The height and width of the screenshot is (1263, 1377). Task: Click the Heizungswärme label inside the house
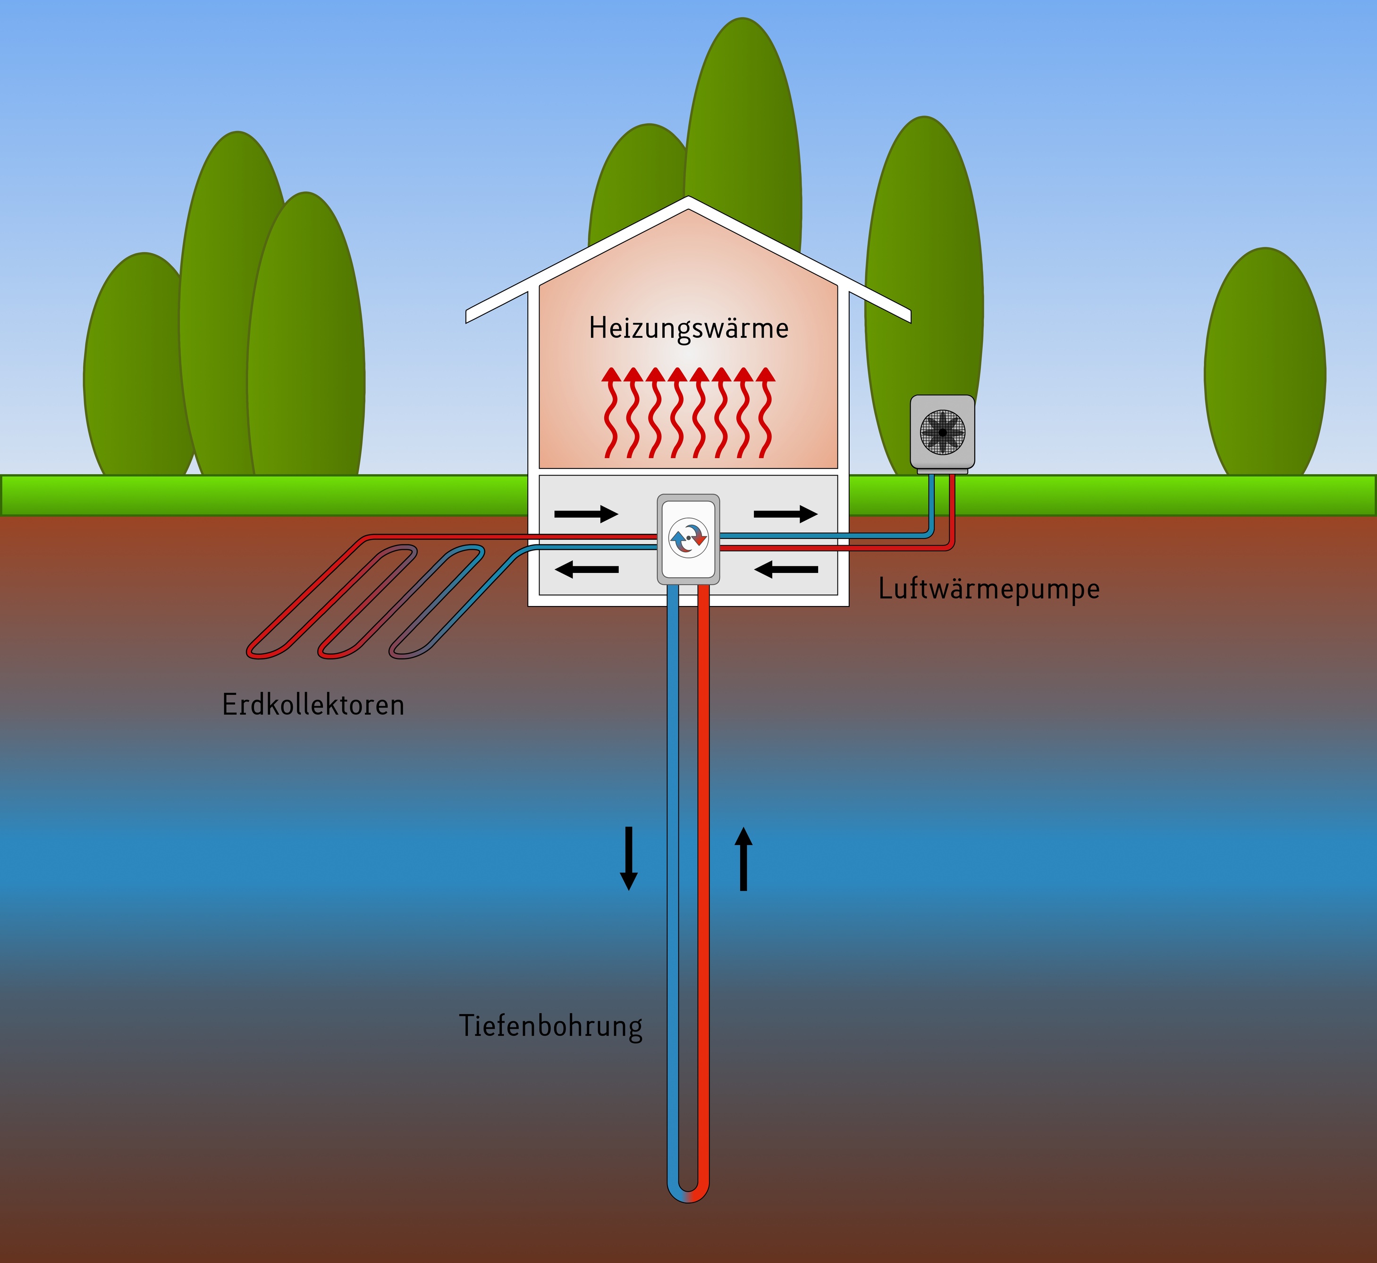pyautogui.click(x=688, y=329)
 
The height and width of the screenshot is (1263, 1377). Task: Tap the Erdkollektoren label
pyautogui.click(x=313, y=705)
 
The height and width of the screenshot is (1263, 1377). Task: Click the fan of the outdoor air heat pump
pyautogui.click(x=943, y=432)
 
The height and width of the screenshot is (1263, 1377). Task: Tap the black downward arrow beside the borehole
pyautogui.click(x=628, y=858)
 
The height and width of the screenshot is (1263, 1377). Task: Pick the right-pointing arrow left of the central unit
pyautogui.click(x=586, y=513)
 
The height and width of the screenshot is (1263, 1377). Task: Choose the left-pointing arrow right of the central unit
pyautogui.click(x=786, y=569)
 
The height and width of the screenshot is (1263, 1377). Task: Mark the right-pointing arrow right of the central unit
pyautogui.click(x=786, y=513)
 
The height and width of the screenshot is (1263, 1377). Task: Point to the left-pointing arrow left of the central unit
pyautogui.click(x=586, y=569)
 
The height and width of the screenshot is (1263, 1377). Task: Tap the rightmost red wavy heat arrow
pyautogui.click(x=766, y=413)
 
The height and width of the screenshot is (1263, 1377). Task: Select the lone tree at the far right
pyautogui.click(x=1265, y=362)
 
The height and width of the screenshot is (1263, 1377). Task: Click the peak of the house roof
pyautogui.click(x=688, y=197)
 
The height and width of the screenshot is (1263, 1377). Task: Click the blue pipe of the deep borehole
pyautogui.click(x=673, y=888)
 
